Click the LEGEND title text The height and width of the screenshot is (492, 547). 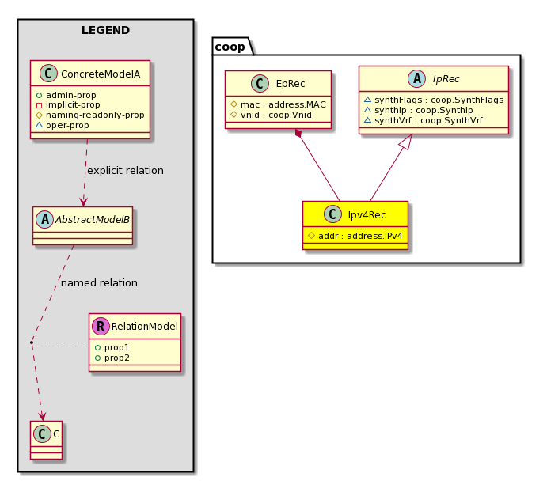tap(106, 30)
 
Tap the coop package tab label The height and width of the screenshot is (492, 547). tap(230, 47)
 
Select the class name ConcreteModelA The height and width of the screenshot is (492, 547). tap(101, 74)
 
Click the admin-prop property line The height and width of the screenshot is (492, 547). tap(70, 95)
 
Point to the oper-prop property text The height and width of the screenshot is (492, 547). tap(67, 125)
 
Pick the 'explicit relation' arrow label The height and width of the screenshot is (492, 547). tap(125, 171)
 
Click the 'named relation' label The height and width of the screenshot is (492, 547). tap(99, 283)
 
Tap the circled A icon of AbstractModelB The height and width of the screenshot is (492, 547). tap(45, 219)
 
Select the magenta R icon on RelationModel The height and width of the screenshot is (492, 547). tap(101, 326)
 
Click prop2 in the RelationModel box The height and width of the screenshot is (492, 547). tap(117, 358)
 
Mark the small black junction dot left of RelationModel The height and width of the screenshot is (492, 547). tap(32, 343)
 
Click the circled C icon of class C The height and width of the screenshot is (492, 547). tap(42, 433)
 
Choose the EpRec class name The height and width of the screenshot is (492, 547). tap(291, 84)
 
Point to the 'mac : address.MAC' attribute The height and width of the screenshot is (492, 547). tap(283, 104)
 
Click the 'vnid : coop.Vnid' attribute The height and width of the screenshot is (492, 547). tap(276, 115)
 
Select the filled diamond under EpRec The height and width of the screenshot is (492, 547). tap(298, 133)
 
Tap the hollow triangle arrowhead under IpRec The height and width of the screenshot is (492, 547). tap(407, 142)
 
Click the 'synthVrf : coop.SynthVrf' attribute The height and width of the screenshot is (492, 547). tap(428, 121)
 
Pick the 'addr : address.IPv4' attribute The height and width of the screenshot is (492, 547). tap(360, 236)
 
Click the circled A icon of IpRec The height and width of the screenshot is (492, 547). tap(417, 78)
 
